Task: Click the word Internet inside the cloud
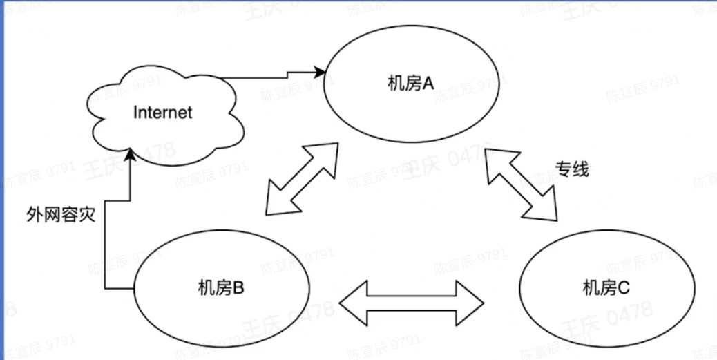[162, 112]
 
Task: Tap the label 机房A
[410, 84]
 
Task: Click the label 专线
[572, 169]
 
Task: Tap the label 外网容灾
[60, 214]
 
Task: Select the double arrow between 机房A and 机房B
[302, 179]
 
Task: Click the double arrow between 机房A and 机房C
[522, 185]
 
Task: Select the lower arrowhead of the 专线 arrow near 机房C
[546, 210]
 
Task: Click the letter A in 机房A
[428, 84]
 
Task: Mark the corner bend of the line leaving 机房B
[104, 287]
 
